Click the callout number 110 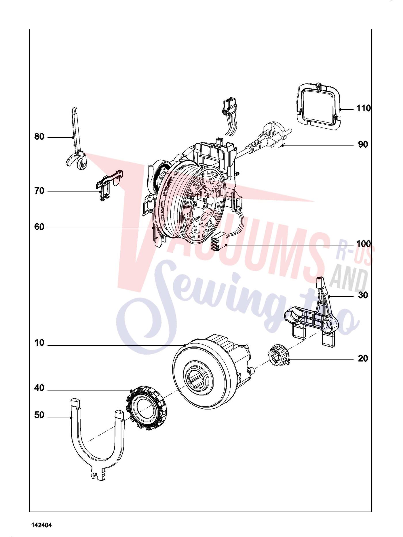coord(364,108)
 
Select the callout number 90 coord(363,144)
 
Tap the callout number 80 coord(39,136)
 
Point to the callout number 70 coord(39,191)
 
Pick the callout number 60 coord(39,227)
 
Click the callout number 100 coord(364,244)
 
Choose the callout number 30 coord(363,295)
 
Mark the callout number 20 coord(363,359)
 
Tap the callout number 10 coord(39,343)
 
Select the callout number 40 coord(39,388)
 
